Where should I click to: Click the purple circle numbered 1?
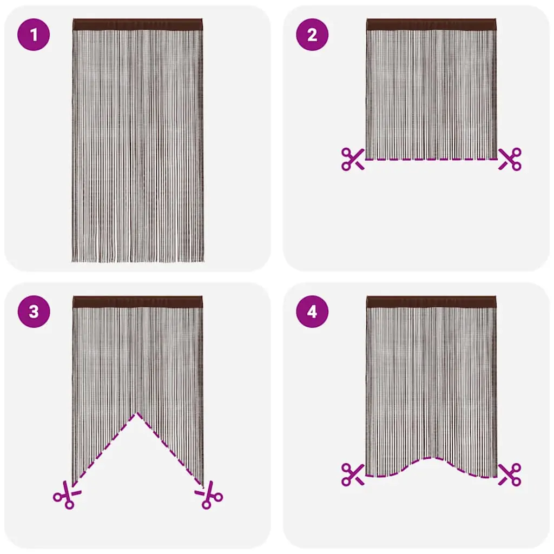pyautogui.click(x=34, y=35)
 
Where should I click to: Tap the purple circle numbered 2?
pyautogui.click(x=312, y=35)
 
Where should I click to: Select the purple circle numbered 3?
pyautogui.click(x=34, y=312)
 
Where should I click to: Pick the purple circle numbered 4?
pyautogui.click(x=312, y=312)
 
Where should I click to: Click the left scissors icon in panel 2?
pyautogui.click(x=353, y=160)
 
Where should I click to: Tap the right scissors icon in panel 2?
pyautogui.click(x=510, y=160)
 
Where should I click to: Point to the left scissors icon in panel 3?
pyautogui.click(x=67, y=494)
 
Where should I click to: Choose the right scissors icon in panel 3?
pyautogui.click(x=209, y=494)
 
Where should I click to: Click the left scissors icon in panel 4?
pyautogui.click(x=353, y=474)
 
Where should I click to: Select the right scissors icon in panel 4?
pyautogui.click(x=510, y=474)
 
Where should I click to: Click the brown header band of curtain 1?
pyautogui.click(x=137, y=25)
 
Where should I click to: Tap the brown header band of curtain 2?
pyautogui.click(x=431, y=25)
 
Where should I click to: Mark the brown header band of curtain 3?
pyautogui.click(x=137, y=302)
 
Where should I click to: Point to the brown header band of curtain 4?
pyautogui.click(x=431, y=302)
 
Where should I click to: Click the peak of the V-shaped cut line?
pyautogui.click(x=137, y=413)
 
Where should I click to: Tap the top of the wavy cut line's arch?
pyautogui.click(x=431, y=458)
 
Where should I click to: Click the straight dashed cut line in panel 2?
pyautogui.click(x=431, y=160)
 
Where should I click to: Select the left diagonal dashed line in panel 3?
pyautogui.click(x=105, y=449)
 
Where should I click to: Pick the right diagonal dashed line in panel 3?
pyautogui.click(x=170, y=449)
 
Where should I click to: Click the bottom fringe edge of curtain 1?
pyautogui.click(x=137, y=261)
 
